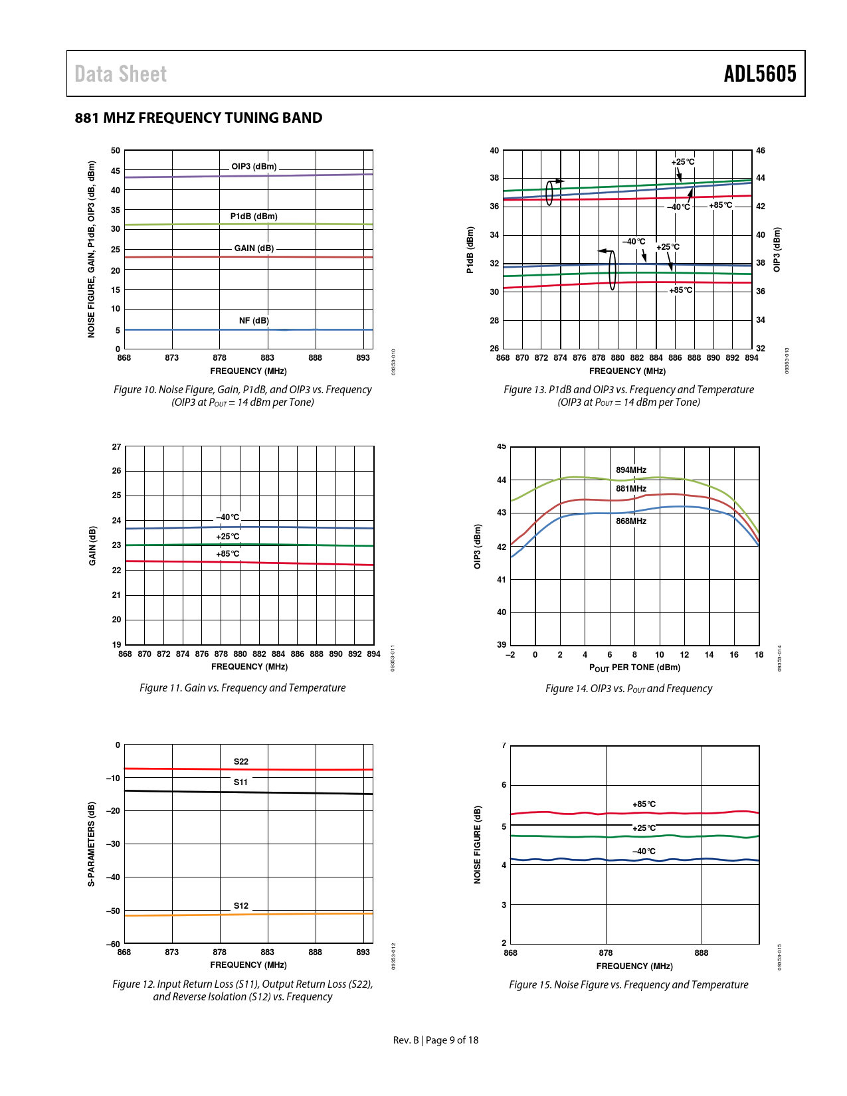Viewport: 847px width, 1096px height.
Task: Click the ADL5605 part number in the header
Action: [759, 74]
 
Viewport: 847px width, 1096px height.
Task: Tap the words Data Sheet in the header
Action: [120, 74]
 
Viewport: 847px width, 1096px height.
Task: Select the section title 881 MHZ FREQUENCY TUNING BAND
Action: [199, 118]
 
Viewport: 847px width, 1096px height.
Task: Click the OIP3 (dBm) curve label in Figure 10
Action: [254, 167]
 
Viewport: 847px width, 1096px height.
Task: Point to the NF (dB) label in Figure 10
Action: [254, 321]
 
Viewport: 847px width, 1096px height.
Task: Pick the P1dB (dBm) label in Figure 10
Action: [254, 217]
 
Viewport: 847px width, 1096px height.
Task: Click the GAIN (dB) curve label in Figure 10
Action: [254, 248]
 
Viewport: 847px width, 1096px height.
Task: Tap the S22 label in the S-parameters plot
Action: [240, 762]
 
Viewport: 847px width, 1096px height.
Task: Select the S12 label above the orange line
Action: [240, 906]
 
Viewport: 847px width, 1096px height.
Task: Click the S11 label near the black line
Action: [240, 782]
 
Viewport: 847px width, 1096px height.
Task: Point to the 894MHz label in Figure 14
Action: [630, 470]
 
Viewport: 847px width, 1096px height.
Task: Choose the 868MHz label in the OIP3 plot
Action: [630, 521]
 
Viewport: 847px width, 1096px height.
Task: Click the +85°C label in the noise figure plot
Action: [644, 804]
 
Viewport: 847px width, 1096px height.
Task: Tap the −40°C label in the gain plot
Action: [228, 517]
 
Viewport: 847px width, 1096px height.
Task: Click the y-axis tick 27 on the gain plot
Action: [117, 447]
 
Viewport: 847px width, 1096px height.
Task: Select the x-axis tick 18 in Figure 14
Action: [759, 655]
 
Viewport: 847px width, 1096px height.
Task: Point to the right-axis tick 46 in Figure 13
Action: [761, 151]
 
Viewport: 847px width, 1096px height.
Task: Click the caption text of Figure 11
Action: [242, 688]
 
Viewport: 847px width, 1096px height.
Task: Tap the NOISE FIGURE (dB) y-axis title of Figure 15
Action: [477, 845]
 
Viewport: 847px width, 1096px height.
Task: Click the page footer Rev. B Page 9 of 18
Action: [436, 1040]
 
